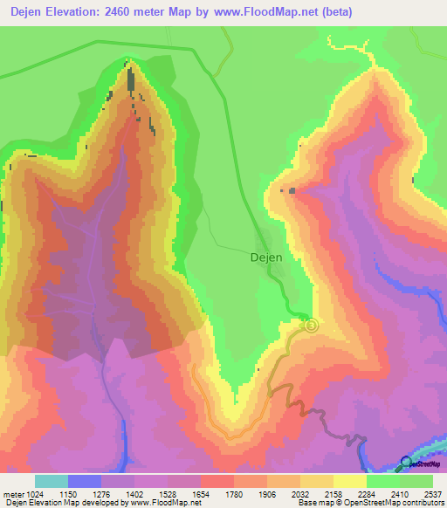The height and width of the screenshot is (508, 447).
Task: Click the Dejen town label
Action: (266, 257)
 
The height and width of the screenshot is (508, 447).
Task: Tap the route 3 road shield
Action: (312, 326)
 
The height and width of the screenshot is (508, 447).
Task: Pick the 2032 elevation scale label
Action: (301, 494)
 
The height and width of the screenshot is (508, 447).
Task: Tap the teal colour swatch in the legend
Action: (52, 481)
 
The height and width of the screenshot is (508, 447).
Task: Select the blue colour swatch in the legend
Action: (85, 481)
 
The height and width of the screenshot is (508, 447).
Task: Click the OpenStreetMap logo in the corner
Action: (419, 463)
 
